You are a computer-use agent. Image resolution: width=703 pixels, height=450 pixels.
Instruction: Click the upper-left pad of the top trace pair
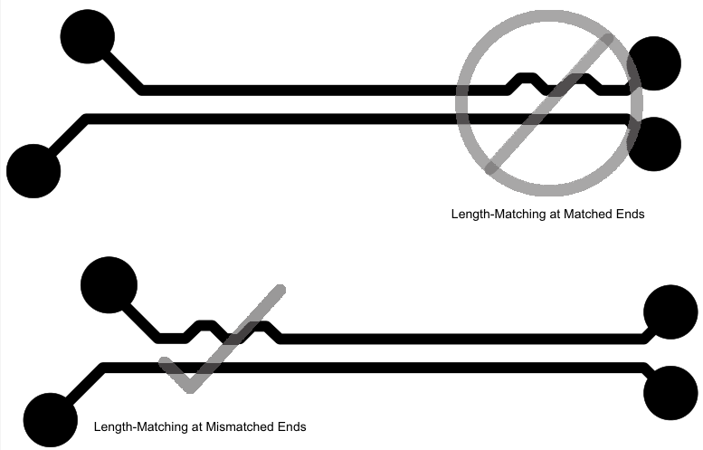click(x=88, y=36)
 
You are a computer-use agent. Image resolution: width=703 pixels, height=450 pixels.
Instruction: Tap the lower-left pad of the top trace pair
click(x=33, y=171)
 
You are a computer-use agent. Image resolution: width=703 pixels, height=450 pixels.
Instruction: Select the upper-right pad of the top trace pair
click(x=653, y=63)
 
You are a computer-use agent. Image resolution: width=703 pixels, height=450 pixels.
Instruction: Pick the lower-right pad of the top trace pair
click(x=653, y=144)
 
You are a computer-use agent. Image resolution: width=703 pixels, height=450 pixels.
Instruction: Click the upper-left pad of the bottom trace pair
click(x=109, y=285)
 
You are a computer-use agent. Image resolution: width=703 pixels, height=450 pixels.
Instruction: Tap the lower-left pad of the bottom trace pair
click(x=51, y=420)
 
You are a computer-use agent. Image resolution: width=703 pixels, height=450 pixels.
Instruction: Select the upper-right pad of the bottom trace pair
click(x=670, y=311)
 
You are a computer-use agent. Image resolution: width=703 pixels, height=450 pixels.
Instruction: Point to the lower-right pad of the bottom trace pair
click(x=670, y=393)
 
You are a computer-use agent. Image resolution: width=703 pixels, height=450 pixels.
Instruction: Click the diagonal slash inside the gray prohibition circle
click(x=550, y=103)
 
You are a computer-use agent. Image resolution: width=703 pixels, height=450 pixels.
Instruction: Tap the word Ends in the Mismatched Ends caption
click(x=292, y=426)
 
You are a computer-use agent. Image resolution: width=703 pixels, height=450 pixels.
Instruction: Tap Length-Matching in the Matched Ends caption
click(x=499, y=215)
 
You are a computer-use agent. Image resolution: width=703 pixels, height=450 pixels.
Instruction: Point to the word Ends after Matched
click(x=631, y=214)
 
